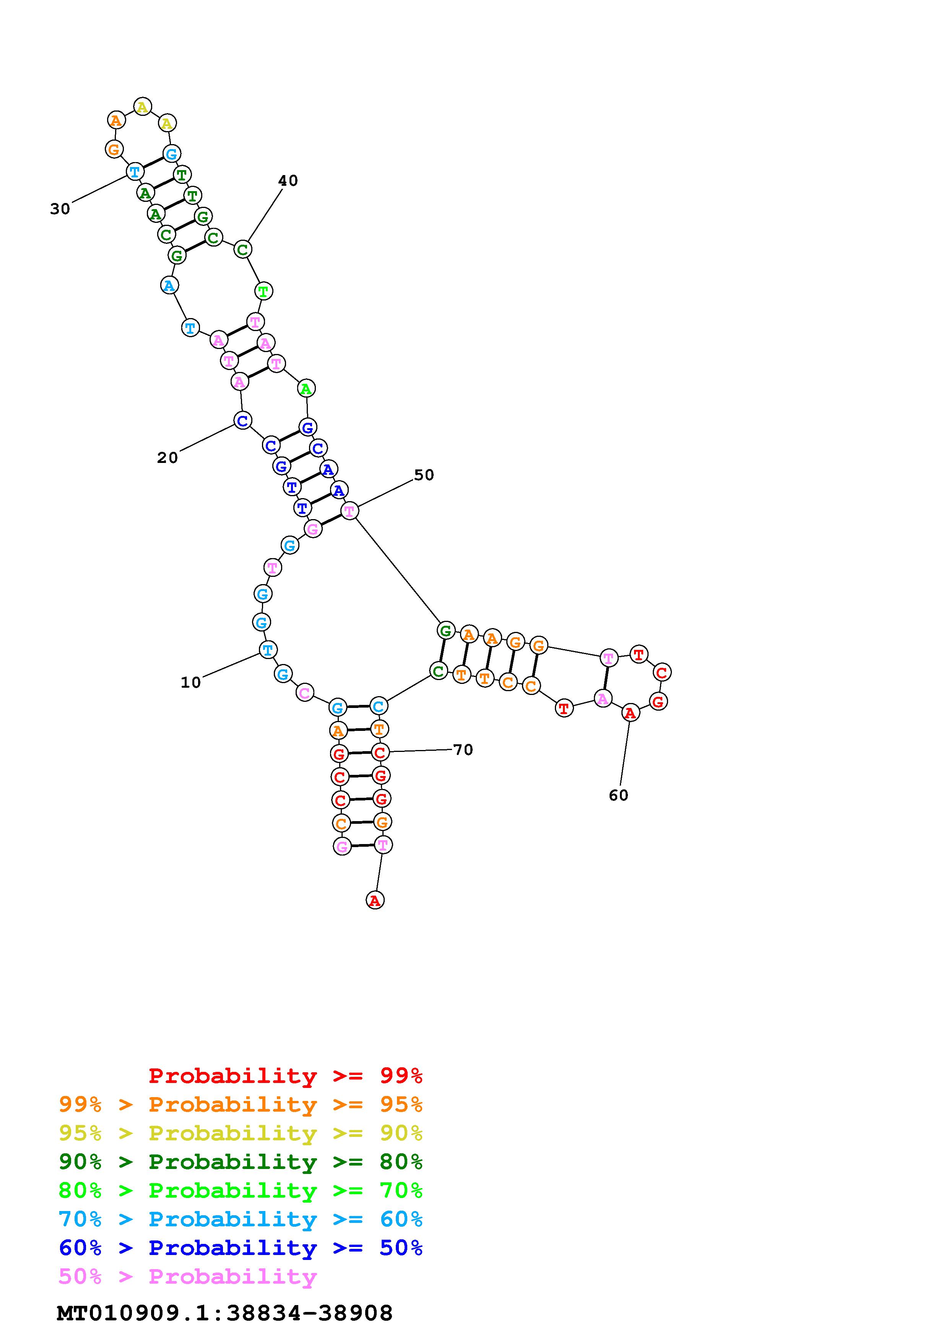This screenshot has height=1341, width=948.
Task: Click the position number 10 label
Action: [x=190, y=682]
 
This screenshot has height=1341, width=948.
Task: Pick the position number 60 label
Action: [x=619, y=796]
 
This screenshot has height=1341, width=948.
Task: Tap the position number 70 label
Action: [x=463, y=750]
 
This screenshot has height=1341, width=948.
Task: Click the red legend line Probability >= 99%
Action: [x=286, y=1075]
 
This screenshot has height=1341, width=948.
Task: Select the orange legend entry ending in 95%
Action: [x=241, y=1104]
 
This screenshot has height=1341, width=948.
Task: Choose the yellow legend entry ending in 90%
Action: [x=241, y=1133]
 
